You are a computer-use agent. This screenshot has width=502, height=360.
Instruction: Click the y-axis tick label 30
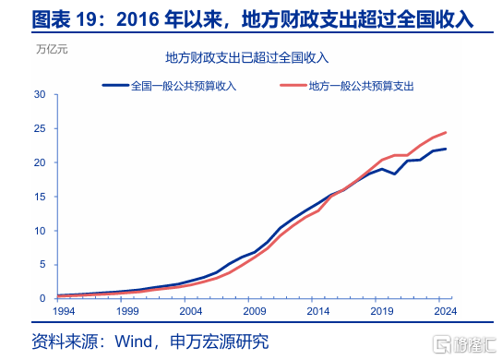pos(40,94)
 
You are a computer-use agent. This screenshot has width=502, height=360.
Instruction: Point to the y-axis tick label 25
pos(40,128)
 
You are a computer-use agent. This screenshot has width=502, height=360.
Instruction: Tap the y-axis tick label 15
pos(40,197)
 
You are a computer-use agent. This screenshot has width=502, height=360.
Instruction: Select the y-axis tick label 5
pos(42,265)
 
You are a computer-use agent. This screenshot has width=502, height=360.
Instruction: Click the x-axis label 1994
pos(64,311)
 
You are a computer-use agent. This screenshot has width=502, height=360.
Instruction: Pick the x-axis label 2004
pos(191,311)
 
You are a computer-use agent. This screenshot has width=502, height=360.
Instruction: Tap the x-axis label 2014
pos(318,311)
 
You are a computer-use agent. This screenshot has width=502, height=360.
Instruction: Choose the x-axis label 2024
pos(446,311)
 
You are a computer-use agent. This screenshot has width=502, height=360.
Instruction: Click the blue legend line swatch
pos(115,86)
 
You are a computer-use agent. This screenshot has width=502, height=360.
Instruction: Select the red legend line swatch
pos(293,86)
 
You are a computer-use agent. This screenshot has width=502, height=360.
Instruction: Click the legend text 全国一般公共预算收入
pos(184,86)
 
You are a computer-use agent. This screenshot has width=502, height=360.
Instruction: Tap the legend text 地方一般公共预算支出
pos(361,86)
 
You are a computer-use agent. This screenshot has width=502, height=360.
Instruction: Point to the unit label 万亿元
pos(52,49)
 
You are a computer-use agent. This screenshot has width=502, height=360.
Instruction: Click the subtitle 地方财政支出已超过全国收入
pos(246,57)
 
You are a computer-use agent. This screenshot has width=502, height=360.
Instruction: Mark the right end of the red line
pos(446,132)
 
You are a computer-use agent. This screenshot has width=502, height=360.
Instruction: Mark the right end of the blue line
pos(446,149)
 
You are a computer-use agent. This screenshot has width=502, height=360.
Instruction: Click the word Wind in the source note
pos(134,342)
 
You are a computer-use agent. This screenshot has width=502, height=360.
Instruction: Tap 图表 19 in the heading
pos(64,19)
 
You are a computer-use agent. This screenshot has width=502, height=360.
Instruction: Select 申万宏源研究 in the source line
pos(220,342)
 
